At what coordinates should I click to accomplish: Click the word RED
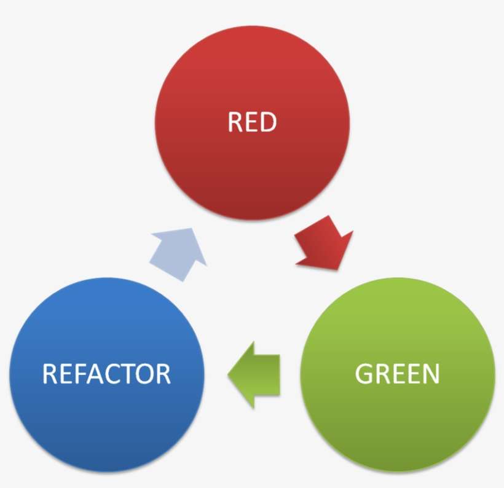pos(252,122)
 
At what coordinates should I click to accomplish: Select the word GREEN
pos(398,374)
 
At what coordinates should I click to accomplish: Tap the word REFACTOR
pos(106,374)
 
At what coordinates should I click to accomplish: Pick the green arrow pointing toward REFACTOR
pos(254,374)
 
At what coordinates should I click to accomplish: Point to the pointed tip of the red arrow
pos(339,269)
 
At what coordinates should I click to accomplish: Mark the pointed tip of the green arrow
pos(229,374)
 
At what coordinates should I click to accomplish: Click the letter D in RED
pos(269,122)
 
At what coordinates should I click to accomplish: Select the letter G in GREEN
pos(364,374)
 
